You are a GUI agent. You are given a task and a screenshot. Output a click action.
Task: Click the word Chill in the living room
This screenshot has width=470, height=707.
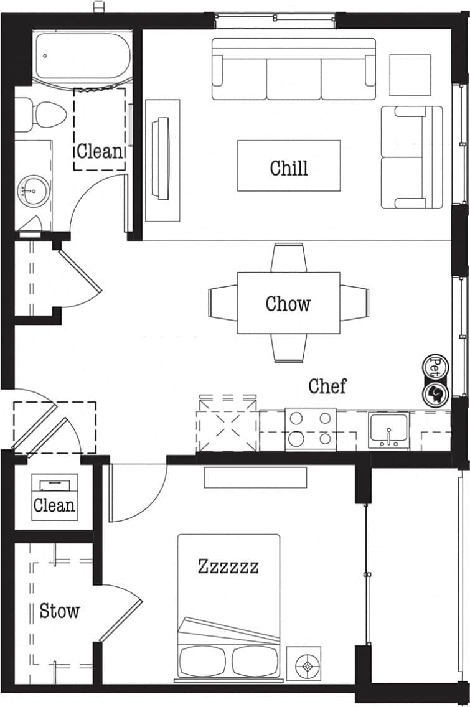(x=289, y=167)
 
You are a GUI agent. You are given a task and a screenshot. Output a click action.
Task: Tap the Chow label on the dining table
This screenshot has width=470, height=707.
(x=288, y=304)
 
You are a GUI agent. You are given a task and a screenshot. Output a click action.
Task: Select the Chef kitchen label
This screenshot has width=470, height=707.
(x=327, y=386)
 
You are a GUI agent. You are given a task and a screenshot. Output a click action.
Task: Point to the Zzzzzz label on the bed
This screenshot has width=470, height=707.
(x=228, y=566)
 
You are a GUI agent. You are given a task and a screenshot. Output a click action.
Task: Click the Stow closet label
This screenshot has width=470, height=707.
(x=59, y=611)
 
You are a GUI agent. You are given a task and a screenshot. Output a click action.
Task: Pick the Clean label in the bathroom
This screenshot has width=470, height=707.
(x=100, y=151)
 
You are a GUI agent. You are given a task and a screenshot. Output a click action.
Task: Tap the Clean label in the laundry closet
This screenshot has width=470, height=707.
(x=54, y=505)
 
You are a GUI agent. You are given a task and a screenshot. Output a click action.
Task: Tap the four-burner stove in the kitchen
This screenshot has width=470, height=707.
(x=310, y=429)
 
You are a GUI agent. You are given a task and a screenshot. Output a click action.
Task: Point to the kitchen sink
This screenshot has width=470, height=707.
(x=388, y=429)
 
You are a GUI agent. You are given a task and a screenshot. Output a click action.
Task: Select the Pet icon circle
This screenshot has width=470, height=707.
(x=436, y=364)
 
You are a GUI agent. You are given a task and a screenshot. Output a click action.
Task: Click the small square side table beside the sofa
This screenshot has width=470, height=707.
(x=410, y=75)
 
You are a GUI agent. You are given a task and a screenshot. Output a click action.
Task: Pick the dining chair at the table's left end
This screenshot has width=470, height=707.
(x=222, y=303)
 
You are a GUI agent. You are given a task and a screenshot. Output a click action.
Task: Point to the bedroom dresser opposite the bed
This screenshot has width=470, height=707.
(x=255, y=477)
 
